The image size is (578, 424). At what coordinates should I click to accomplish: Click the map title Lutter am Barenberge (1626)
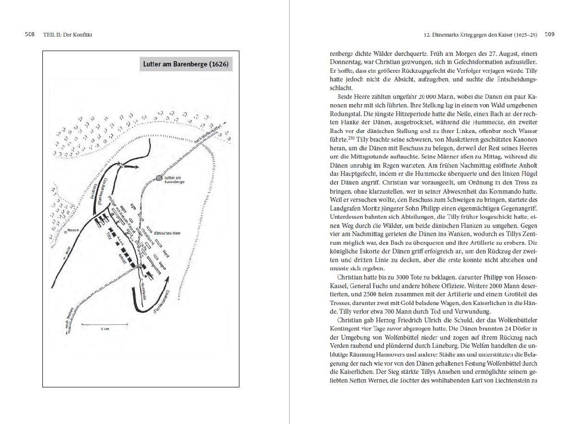(x=186, y=64)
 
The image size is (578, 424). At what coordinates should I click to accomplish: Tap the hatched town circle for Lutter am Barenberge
(x=159, y=178)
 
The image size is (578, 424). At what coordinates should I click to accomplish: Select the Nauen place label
(x=73, y=230)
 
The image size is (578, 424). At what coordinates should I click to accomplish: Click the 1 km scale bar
(x=105, y=324)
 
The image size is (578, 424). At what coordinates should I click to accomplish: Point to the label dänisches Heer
(x=167, y=233)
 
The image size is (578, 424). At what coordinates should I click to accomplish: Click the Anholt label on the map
(x=122, y=258)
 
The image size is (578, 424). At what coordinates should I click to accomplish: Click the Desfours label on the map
(x=94, y=191)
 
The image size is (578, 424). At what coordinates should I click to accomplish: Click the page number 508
(x=30, y=34)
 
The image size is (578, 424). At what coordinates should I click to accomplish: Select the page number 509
(x=550, y=34)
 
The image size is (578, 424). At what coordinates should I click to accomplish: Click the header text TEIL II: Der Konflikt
(x=67, y=35)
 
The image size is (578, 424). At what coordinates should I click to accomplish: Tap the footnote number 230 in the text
(x=351, y=138)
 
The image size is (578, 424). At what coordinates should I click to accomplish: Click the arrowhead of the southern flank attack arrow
(x=168, y=279)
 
